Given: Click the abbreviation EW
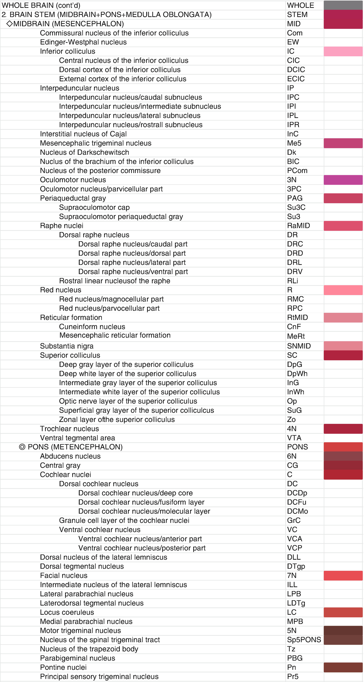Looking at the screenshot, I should (293, 42).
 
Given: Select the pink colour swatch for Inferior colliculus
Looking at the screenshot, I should (343, 51).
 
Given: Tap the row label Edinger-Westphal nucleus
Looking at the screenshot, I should (83, 42).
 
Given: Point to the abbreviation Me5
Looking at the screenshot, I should (294, 143).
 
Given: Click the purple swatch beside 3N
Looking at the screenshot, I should (343, 180).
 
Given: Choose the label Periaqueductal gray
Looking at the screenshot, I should (73, 198).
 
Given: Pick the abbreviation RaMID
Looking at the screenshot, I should (298, 226).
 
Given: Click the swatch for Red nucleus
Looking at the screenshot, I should (343, 290).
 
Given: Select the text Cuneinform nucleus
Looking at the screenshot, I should (92, 327).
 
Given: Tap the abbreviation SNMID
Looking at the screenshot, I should (299, 346).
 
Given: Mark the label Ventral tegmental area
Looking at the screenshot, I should (77, 438).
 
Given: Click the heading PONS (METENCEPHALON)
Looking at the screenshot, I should (75, 447).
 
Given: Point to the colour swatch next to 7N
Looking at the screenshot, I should (343, 575).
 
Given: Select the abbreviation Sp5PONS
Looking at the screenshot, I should (304, 640).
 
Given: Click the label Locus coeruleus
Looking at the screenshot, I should (67, 612).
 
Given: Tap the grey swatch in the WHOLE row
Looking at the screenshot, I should (343, 5).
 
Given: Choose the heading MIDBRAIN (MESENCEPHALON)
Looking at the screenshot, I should (68, 24).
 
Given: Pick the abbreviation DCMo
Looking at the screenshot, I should (297, 511).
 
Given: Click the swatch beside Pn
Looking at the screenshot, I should (343, 667).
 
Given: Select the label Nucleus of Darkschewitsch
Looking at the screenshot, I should (84, 152).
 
